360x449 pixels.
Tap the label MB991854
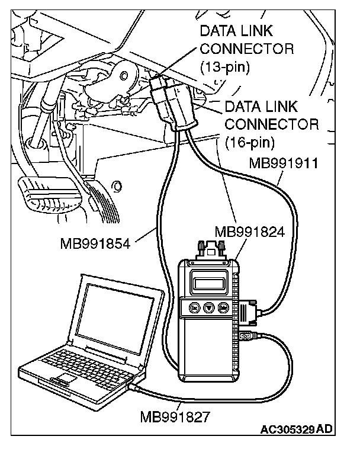pos(95,242)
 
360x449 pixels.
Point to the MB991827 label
pos(175,416)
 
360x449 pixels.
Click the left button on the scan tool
pos(194,308)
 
